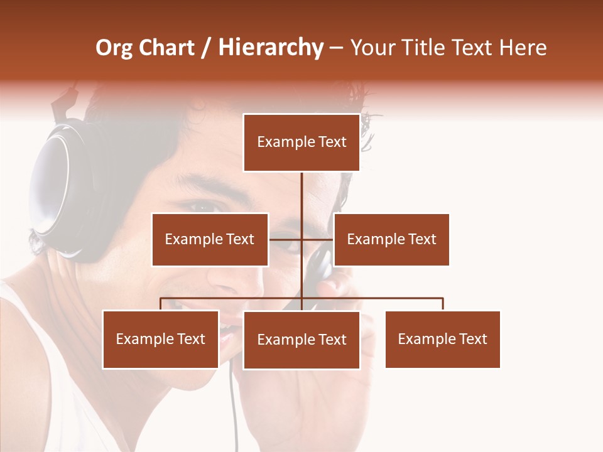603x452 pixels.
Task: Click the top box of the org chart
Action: [x=301, y=143]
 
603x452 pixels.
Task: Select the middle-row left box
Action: [x=210, y=239]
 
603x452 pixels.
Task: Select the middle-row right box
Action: [x=391, y=239]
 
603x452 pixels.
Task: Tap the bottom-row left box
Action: [x=161, y=339]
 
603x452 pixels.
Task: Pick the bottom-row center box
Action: [x=301, y=340]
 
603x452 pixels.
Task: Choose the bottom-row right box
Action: [x=442, y=339]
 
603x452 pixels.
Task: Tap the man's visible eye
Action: [x=202, y=207]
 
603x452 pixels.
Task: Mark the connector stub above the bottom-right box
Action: [x=443, y=304]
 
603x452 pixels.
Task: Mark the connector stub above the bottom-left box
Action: [x=161, y=304]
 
